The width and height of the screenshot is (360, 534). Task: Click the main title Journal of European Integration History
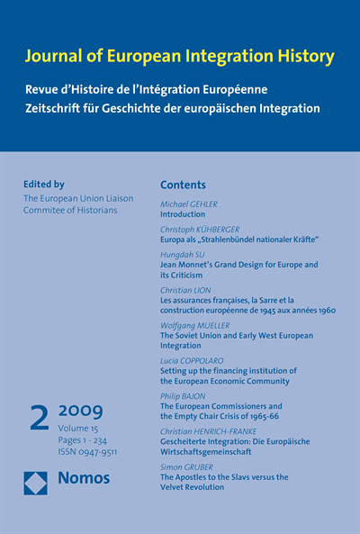[181, 57]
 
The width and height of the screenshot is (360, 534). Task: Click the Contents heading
[183, 185]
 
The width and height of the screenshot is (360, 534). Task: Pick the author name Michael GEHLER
[188, 204]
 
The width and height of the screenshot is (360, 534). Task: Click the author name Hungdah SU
[181, 255]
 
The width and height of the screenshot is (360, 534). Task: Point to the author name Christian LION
[185, 290]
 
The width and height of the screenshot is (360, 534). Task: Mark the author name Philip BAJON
[184, 395]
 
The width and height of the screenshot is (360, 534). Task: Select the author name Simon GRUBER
[186, 466]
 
